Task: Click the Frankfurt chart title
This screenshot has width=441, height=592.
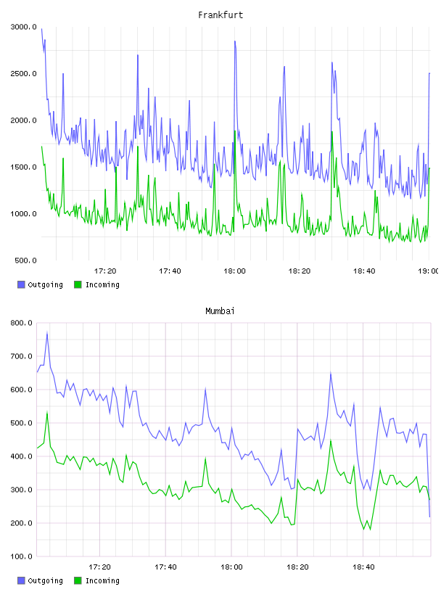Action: (x=220, y=15)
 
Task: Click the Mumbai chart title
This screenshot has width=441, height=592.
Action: (x=220, y=311)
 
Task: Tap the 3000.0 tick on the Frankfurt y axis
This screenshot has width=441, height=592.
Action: (x=24, y=27)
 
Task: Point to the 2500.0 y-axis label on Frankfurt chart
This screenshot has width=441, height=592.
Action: (x=24, y=73)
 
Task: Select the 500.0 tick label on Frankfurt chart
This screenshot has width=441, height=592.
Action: (x=25, y=260)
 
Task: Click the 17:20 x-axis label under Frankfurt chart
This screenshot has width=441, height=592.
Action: (x=105, y=271)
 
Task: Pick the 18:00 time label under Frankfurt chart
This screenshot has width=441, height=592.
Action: (x=234, y=271)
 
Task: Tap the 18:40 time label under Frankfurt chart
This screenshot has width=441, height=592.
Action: (x=364, y=271)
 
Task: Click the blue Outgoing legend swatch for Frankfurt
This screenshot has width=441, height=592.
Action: (x=21, y=284)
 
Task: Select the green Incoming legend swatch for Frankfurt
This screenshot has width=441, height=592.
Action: (x=78, y=284)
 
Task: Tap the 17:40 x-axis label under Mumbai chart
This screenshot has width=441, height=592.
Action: (x=166, y=567)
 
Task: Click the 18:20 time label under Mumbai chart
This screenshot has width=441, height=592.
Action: (x=297, y=567)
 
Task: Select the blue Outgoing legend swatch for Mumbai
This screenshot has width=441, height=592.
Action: (x=21, y=580)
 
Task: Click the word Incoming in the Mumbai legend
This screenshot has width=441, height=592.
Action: (x=103, y=580)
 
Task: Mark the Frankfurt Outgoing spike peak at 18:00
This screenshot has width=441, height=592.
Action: (x=235, y=41)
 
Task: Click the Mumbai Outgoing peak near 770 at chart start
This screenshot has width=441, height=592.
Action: (x=47, y=332)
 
